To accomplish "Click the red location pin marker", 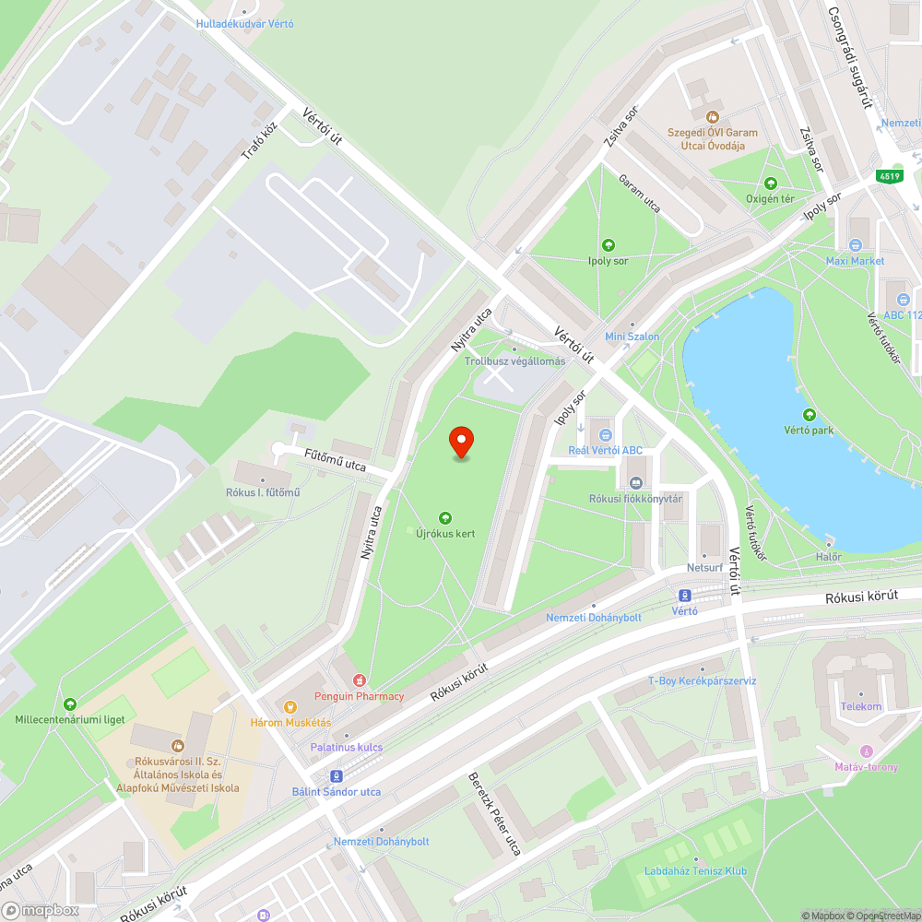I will point(460,443).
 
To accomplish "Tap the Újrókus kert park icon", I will point(446,519).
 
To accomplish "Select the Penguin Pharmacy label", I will point(359,696).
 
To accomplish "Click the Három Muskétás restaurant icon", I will point(291,707).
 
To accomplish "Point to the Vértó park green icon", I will point(810,416).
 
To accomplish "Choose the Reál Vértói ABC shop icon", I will point(605,435).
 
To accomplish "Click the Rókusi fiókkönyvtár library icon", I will point(635,483).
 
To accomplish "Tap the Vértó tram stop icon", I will point(684,596).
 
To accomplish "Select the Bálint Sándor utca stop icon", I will point(337,776).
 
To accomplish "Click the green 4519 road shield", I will point(889,176).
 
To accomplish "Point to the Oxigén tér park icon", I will point(771,183).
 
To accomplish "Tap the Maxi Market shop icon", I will point(855,245).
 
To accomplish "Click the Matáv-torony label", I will point(865,766).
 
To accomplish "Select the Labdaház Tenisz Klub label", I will point(697,870).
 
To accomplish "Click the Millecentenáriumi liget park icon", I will point(70,704).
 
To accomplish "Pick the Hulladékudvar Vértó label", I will point(244,23).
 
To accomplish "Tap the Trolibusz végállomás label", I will point(514,361).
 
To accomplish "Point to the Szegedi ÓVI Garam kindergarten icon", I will point(712,117).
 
